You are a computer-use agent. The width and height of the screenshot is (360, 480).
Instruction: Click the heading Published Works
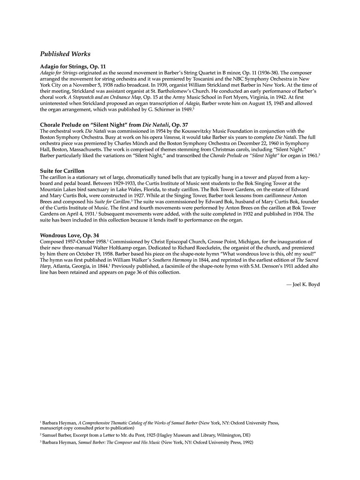click(65, 54)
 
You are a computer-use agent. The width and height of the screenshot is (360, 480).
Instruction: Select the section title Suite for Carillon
click(62, 171)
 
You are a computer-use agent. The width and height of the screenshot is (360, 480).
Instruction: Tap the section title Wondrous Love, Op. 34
click(69, 235)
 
